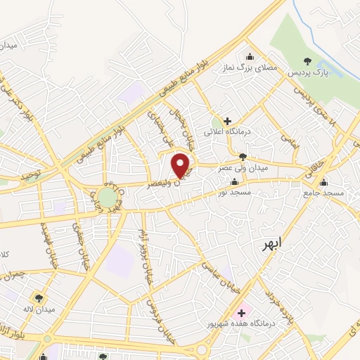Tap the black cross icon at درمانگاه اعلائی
tap(228, 121)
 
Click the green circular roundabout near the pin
tap(107, 197)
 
